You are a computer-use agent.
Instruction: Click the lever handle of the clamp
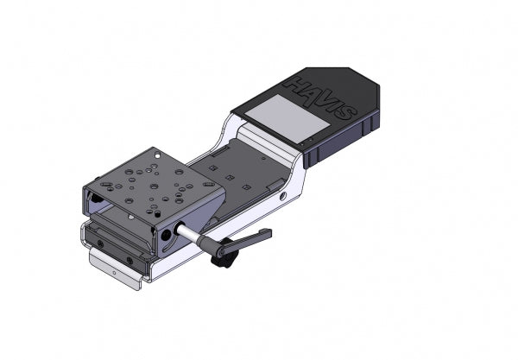(250, 236)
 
